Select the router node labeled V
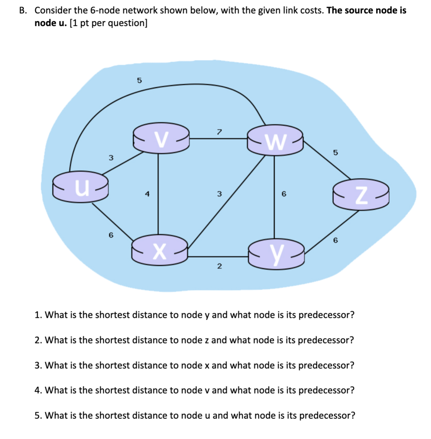click(x=161, y=138)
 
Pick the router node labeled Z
click(x=361, y=195)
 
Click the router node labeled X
click(x=160, y=249)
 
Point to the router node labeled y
click(x=276, y=252)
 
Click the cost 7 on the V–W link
click(x=219, y=132)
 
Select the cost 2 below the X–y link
click(x=219, y=266)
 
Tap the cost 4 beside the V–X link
click(x=147, y=194)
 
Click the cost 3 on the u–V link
click(x=111, y=158)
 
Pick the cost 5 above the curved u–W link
click(x=139, y=80)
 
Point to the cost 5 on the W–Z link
click(x=335, y=153)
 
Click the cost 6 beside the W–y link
click(x=284, y=194)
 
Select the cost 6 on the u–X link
click(x=111, y=235)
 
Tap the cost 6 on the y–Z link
click(x=335, y=241)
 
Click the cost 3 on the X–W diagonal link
click(x=219, y=194)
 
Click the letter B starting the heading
click(x=22, y=10)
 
